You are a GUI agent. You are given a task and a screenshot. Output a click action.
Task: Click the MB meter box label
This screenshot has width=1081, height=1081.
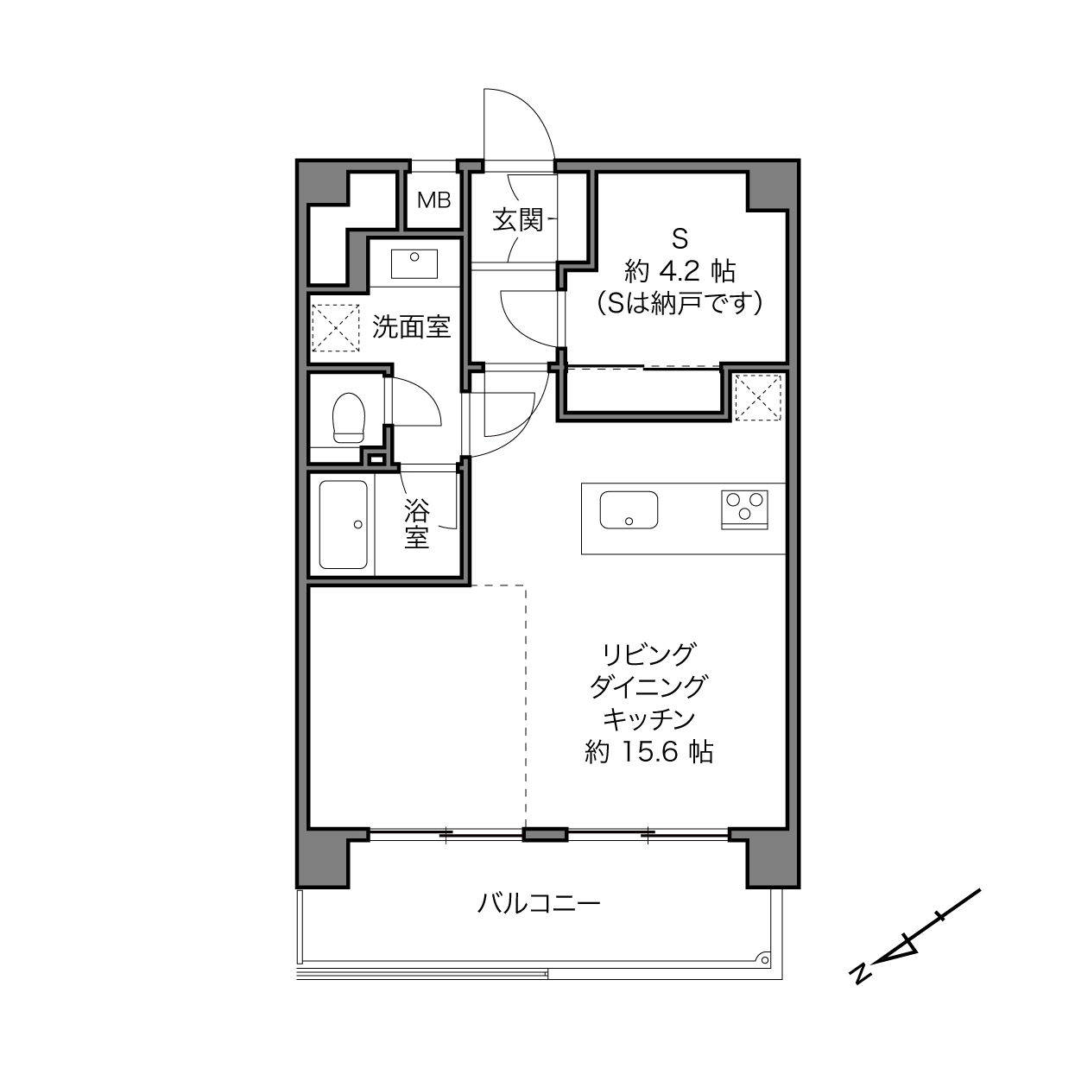pyautogui.click(x=433, y=200)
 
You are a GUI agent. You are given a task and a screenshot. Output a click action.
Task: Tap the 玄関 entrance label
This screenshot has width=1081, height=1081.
pyautogui.click(x=518, y=220)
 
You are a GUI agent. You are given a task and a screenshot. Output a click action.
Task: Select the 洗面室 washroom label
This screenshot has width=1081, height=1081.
pyautogui.click(x=411, y=327)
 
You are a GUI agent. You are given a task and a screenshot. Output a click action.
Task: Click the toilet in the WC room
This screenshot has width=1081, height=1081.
pyautogui.click(x=348, y=418)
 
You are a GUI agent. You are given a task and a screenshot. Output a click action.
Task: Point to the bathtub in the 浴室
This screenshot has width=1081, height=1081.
pyautogui.click(x=343, y=524)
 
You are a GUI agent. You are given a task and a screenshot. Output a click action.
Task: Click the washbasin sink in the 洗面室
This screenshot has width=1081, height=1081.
pyautogui.click(x=414, y=263)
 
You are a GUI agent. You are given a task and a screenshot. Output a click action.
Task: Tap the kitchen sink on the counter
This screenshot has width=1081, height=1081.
pyautogui.click(x=629, y=510)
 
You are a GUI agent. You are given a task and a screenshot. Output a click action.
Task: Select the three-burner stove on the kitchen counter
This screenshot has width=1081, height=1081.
pyautogui.click(x=744, y=509)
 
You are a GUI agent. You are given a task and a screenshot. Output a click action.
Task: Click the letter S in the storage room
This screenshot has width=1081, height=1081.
pyautogui.click(x=680, y=239)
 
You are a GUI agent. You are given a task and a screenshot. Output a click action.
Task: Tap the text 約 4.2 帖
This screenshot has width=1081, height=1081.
pyautogui.click(x=680, y=272)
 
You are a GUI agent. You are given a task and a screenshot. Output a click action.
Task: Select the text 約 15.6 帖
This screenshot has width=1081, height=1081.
pyautogui.click(x=648, y=752)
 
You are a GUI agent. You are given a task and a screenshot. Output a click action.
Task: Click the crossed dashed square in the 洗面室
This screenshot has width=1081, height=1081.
pyautogui.click(x=336, y=328)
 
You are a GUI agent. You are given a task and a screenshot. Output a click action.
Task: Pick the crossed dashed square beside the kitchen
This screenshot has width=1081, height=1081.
pyautogui.click(x=758, y=398)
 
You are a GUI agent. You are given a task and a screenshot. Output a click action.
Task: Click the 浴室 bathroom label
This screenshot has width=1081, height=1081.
pyautogui.click(x=417, y=524)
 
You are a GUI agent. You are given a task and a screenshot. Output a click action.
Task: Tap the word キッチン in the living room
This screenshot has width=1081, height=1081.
pyautogui.click(x=649, y=719)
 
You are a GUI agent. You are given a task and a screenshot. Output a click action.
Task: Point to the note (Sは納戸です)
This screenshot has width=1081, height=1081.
pyautogui.click(x=680, y=303)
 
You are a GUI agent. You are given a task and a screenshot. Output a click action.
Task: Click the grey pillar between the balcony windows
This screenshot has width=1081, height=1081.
pyautogui.click(x=546, y=835)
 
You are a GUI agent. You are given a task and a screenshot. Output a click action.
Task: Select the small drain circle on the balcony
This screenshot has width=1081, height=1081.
pyautogui.click(x=765, y=960)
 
